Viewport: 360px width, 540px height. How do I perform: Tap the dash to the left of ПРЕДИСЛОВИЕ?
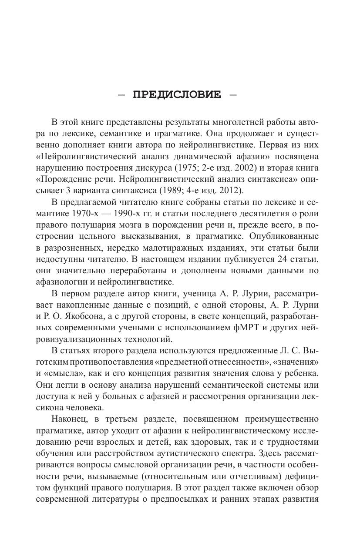point(121,95)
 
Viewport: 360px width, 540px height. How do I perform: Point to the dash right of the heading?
point(233,95)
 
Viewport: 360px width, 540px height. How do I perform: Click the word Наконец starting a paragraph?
point(69,419)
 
